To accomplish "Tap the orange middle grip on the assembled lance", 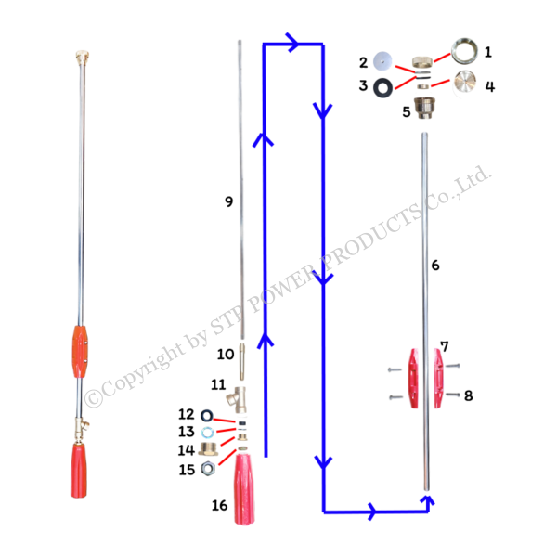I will (x=80, y=351).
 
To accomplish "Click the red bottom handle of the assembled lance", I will (x=80, y=470).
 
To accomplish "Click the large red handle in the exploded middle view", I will (x=244, y=487).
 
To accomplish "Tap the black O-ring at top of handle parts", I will (x=206, y=415).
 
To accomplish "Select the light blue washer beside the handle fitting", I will (x=206, y=432).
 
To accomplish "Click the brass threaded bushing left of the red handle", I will (x=206, y=449).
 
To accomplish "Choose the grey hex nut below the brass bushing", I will (x=206, y=468).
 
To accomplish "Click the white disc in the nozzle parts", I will (x=380, y=61).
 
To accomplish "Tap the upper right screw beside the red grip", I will (x=451, y=370).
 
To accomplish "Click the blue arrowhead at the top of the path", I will (x=295, y=43).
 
